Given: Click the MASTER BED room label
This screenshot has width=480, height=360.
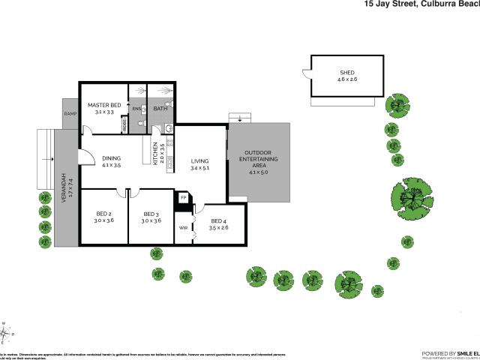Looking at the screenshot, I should coord(103,105).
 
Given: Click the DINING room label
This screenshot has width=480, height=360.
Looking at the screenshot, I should coord(111,158).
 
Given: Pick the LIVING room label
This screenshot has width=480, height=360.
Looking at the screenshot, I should coord(199,161).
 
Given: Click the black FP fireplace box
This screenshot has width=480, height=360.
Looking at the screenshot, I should coord(181,198).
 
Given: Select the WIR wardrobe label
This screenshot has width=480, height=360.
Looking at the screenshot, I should coord(183,227).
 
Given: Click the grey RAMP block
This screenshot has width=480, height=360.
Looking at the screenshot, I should coord(70,114).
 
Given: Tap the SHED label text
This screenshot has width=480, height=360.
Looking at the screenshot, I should coord(347,73).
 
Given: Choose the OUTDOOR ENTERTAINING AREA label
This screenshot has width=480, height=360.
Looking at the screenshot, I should coord(258,160).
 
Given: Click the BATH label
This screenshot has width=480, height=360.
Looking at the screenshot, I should coord(160,109).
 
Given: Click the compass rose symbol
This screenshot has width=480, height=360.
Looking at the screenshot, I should coord(5,332).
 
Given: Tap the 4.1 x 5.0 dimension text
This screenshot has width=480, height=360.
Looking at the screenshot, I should coord(258,172).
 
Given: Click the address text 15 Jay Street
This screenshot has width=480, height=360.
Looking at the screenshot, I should coord(390,4).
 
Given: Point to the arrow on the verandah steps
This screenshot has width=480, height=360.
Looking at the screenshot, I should coord(46,160).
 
